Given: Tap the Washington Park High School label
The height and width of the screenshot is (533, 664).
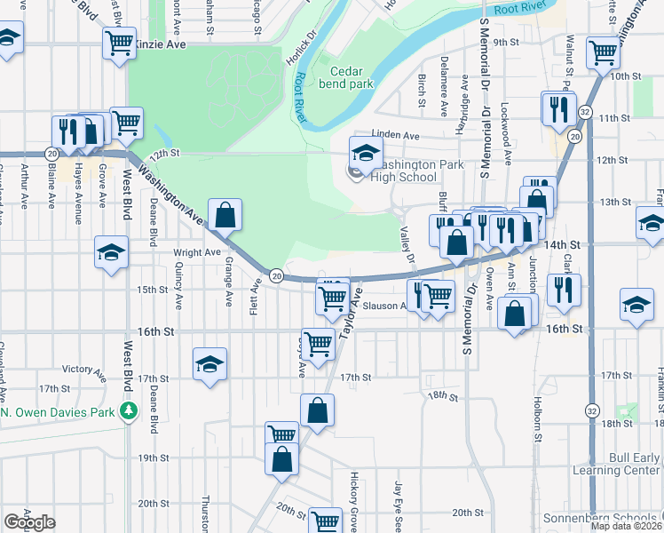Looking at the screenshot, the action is [405, 171].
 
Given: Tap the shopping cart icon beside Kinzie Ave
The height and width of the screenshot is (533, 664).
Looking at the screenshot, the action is [119, 41].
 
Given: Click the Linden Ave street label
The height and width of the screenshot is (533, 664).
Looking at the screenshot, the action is [395, 135].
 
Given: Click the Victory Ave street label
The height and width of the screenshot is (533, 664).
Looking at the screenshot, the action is [90, 369].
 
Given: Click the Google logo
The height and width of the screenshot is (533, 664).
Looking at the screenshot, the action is [29, 522].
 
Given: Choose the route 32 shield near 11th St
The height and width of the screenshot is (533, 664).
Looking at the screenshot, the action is [584, 111].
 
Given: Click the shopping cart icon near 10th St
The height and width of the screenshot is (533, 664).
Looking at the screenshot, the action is [603, 52].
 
